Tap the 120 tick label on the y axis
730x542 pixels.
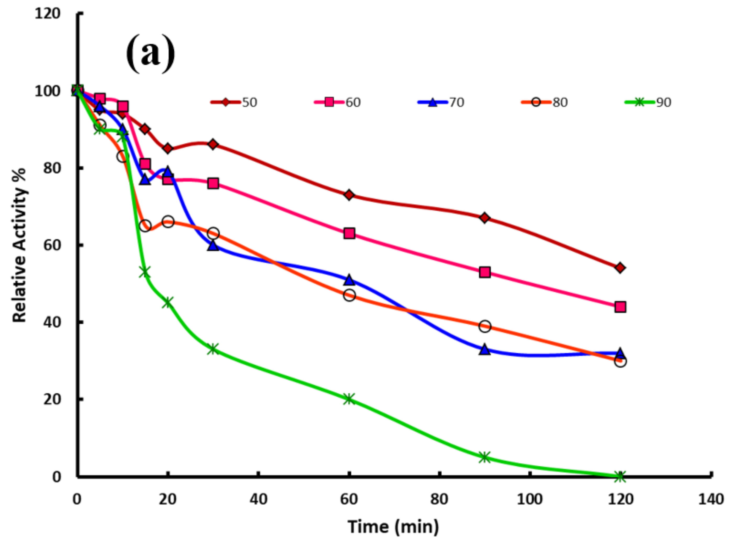[48, 14]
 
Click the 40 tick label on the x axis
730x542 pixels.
[258, 499]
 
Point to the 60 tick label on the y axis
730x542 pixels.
[52, 245]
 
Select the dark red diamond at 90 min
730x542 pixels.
[485, 218]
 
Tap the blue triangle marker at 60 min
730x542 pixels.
[349, 280]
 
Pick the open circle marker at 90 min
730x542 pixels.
[485, 326]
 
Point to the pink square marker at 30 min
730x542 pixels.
[213, 183]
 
